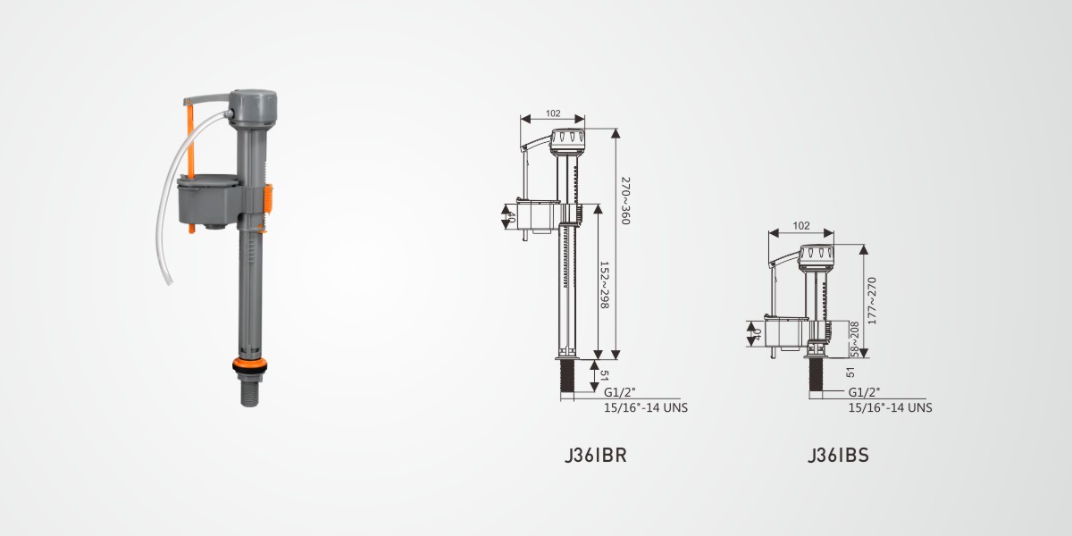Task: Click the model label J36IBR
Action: pos(595,455)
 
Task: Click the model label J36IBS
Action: pos(838,455)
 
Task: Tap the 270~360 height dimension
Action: pos(625,201)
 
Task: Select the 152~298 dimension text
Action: pos(605,285)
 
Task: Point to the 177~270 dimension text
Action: pos(872,301)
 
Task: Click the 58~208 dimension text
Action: pos(854,339)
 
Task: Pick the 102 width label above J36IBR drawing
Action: pos(553,113)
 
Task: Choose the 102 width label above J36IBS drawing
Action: pos(801,225)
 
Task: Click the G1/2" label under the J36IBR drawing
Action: pos(620,392)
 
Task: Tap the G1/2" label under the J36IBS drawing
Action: pos(865,392)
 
